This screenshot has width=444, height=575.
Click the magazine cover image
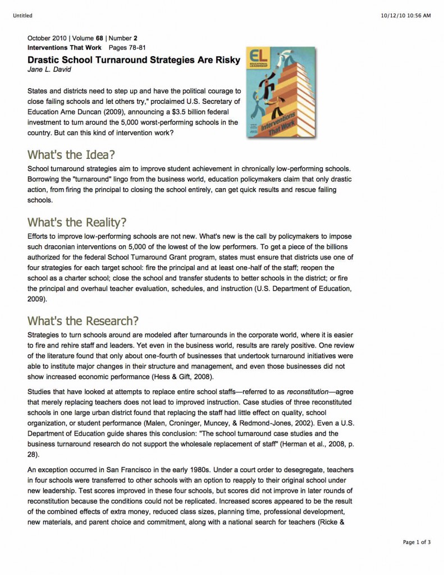280,93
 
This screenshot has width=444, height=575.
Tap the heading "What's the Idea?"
75,154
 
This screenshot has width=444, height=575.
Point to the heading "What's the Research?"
83,321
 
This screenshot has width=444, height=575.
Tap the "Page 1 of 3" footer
416,542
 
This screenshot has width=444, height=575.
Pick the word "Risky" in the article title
226,60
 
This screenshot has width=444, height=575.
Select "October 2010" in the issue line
47,38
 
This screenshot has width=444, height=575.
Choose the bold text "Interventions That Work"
65,48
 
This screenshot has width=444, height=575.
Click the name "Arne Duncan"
80,112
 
